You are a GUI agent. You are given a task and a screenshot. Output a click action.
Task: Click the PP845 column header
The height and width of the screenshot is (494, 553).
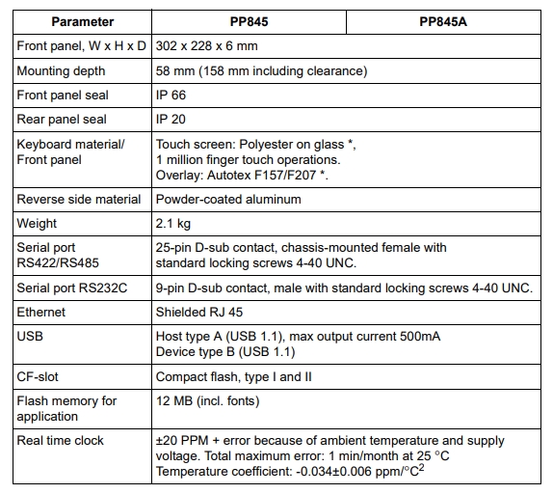click(x=249, y=20)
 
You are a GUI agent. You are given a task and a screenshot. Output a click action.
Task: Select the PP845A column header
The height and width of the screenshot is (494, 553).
click(x=443, y=20)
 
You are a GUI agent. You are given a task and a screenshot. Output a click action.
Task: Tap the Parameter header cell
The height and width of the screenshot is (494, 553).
click(x=82, y=20)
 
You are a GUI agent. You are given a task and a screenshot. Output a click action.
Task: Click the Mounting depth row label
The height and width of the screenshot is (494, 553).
click(x=62, y=70)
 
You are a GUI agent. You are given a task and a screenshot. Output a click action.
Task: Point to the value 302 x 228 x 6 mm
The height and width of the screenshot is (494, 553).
click(x=205, y=45)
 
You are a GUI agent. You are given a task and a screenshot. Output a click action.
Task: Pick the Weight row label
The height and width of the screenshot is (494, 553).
click(x=38, y=223)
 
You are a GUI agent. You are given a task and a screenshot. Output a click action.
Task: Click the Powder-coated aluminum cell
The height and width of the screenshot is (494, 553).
click(x=228, y=199)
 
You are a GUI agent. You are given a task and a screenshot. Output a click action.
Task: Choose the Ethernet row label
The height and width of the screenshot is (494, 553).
click(x=41, y=313)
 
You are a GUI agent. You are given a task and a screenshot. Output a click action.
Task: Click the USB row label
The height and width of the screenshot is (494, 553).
click(x=30, y=337)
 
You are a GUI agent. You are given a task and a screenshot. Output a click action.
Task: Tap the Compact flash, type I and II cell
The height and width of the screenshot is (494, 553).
click(x=233, y=376)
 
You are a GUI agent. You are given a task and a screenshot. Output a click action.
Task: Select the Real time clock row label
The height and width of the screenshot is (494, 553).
click(x=60, y=440)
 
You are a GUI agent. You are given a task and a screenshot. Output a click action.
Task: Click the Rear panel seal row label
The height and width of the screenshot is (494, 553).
click(x=62, y=119)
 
